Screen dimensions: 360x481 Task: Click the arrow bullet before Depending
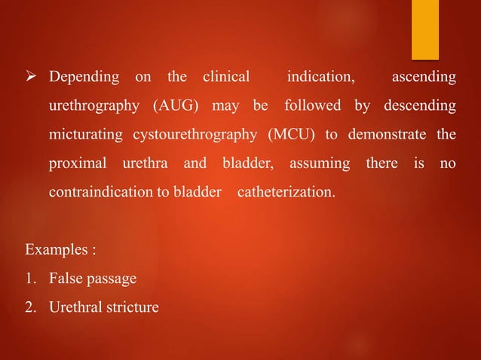point(32,78)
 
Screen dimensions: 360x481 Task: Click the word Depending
point(84,78)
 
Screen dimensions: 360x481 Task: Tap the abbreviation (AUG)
point(176,106)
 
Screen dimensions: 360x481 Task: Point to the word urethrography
point(93,106)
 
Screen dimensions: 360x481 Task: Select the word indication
point(321,78)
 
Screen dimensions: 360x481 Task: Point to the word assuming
point(320,163)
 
